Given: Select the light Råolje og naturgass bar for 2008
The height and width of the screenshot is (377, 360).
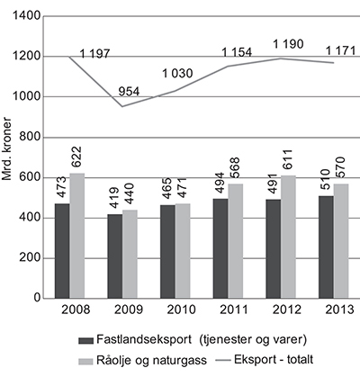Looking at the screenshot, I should pyautogui.click(x=77, y=236).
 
